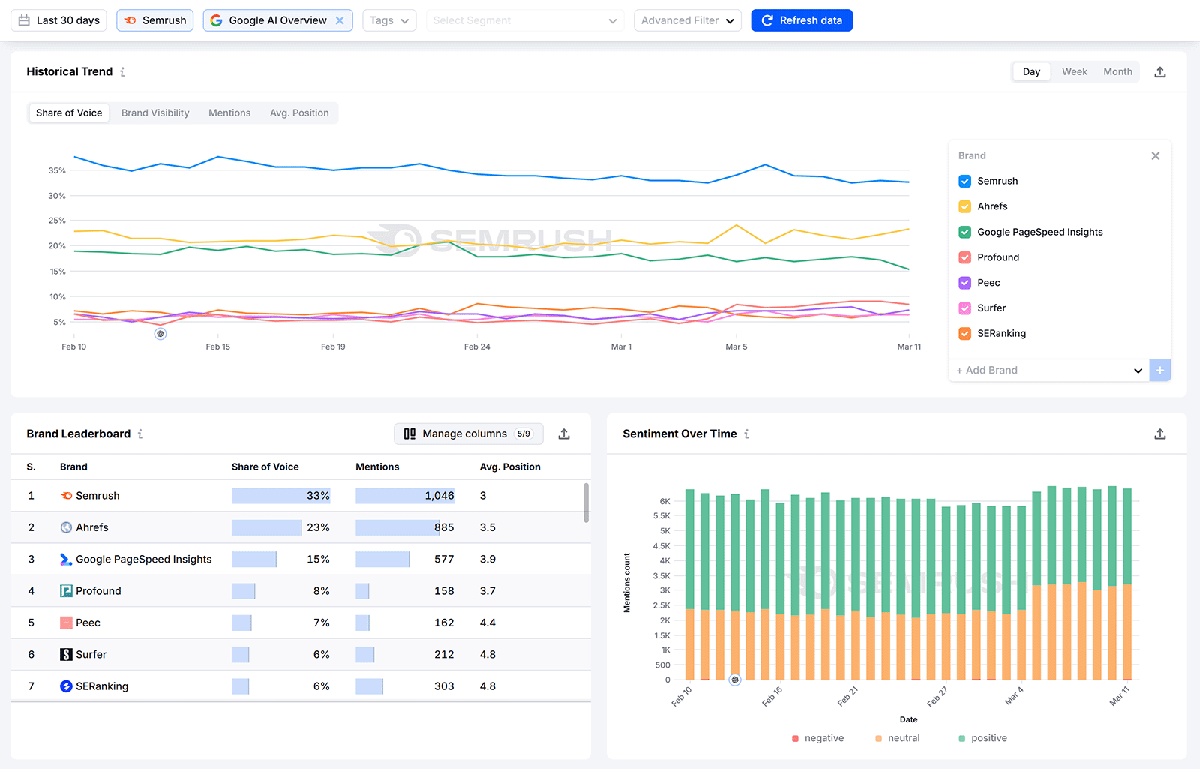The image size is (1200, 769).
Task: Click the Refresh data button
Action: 801,20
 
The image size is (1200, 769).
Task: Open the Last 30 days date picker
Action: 59,20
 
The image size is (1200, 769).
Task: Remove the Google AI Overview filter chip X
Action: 340,20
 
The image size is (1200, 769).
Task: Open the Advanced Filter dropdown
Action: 687,20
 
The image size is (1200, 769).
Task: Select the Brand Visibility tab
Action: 155,113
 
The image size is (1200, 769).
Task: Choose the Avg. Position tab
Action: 299,113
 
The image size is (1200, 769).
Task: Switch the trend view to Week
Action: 1074,71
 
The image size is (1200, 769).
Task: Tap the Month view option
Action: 1117,71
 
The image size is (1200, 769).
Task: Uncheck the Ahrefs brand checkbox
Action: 965,206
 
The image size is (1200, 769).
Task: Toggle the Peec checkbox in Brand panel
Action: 965,283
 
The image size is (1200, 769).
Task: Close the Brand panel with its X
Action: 1155,155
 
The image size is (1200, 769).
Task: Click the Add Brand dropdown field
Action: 1048,370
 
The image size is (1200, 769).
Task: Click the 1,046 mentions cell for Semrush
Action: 439,496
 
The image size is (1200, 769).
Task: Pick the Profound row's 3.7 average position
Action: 487,591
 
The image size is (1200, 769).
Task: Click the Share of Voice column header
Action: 265,467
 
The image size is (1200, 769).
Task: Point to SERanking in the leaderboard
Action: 101,686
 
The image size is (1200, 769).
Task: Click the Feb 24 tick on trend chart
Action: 477,347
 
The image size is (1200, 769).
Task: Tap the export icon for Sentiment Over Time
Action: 1159,434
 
